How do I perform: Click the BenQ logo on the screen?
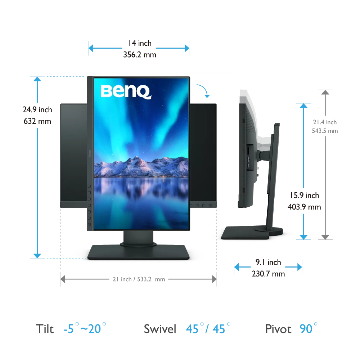click(126, 91)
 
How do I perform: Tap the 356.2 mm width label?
click(140, 55)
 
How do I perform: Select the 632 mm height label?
click(37, 121)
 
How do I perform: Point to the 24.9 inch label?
click(37, 109)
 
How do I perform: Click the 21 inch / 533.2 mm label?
click(138, 279)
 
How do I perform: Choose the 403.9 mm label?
click(304, 207)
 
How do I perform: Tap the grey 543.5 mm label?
click(325, 131)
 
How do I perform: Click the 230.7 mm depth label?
click(268, 274)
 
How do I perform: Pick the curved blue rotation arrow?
click(204, 91)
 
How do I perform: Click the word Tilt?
click(45, 329)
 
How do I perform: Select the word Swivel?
click(160, 329)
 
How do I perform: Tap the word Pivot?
click(278, 329)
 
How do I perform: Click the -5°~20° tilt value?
click(84, 328)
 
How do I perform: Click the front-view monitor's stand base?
click(139, 252)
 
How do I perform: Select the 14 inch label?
click(140, 43)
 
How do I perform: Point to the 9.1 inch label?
click(268, 262)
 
